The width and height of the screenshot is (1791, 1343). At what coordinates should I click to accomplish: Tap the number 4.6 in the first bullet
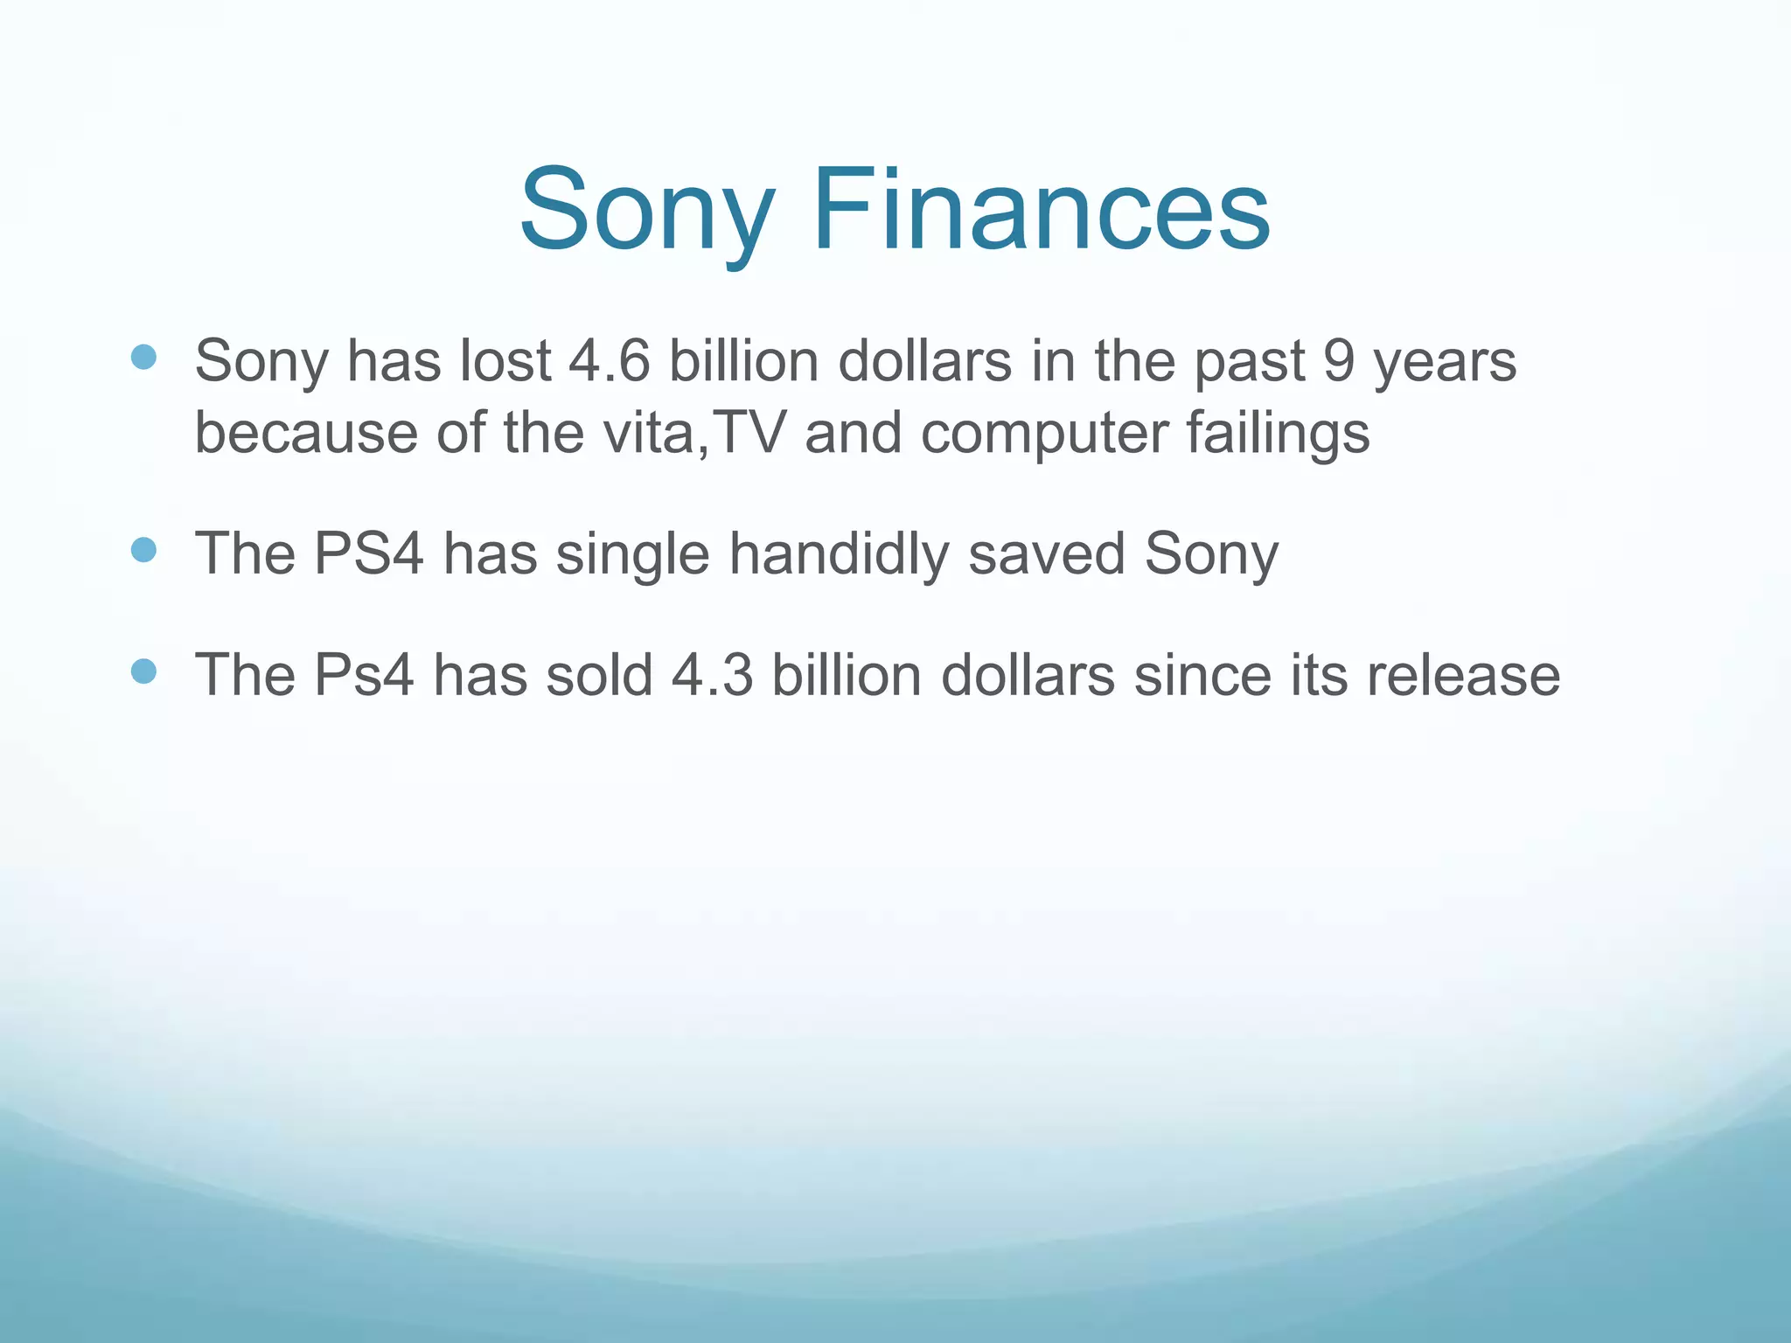tap(610, 360)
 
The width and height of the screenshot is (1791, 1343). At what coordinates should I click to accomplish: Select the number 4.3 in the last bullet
tap(712, 675)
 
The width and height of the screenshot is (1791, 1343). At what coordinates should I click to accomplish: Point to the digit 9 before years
tap(1338, 360)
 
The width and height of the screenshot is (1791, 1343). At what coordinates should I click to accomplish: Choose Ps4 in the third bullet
tap(364, 675)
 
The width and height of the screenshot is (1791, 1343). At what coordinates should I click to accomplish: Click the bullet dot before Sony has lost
tap(143, 357)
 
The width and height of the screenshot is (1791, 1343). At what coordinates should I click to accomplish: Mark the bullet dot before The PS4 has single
tap(143, 550)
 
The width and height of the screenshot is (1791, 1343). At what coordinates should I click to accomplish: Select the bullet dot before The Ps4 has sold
tap(143, 671)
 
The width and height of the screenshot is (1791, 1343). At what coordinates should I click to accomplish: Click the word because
tap(306, 433)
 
